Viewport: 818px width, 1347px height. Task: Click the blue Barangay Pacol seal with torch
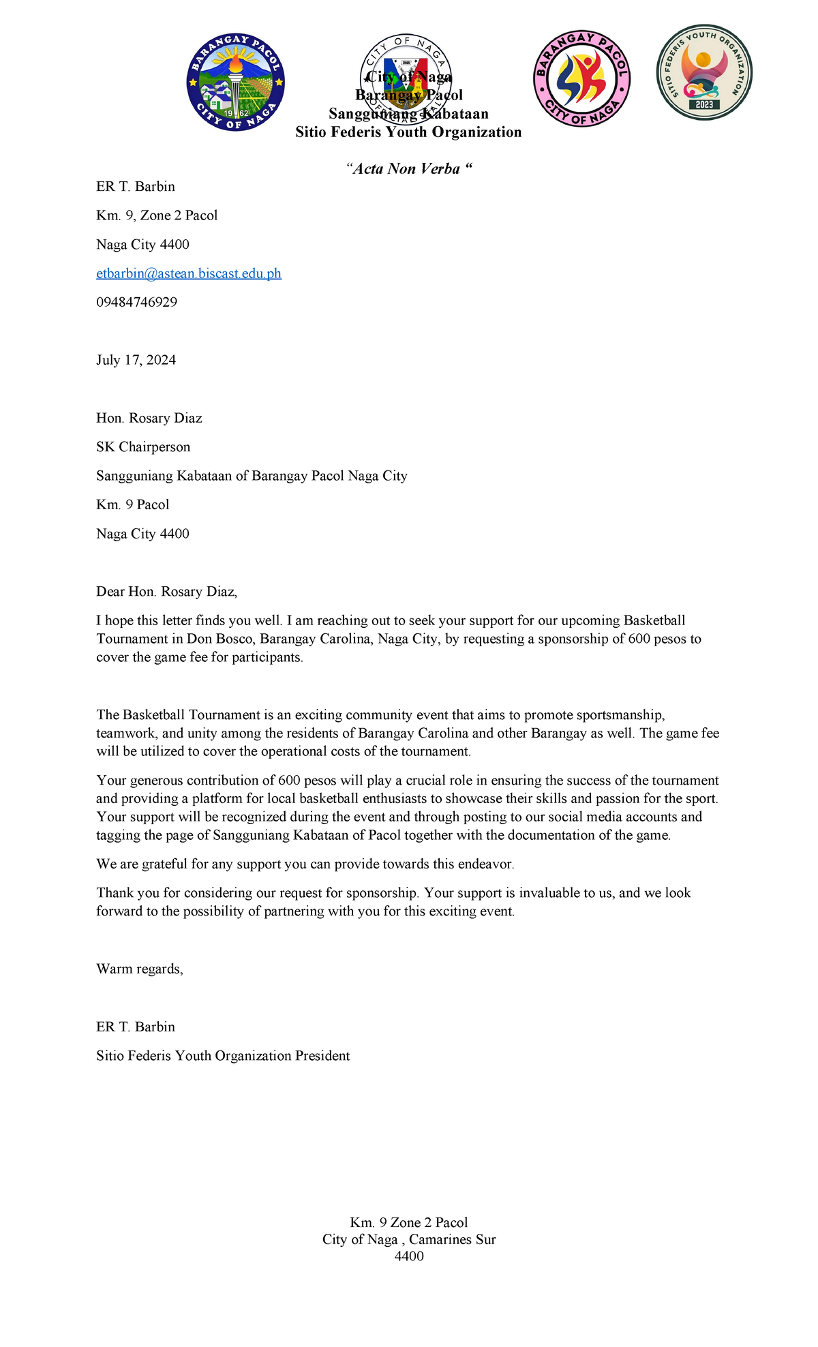coord(236,82)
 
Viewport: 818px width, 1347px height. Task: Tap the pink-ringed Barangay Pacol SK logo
coord(581,78)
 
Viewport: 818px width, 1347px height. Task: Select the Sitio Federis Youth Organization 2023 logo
coord(704,72)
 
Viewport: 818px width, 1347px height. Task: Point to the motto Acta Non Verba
coord(409,169)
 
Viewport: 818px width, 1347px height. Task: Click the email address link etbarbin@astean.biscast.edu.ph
coord(189,273)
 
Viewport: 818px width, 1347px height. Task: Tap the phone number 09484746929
coord(136,302)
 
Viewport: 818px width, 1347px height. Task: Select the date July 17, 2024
coord(136,360)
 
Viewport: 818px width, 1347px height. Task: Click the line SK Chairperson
coord(143,447)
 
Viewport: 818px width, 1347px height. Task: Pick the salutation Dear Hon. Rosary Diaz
coord(166,592)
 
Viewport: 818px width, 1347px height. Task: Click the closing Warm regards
coord(140,969)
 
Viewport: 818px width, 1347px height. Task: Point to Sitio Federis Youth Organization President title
coord(223,1056)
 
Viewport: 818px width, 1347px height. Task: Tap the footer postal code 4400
coord(409,1256)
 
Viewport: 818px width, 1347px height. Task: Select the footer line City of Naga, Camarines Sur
coord(409,1239)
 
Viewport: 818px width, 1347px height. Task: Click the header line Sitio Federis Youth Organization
coord(408,132)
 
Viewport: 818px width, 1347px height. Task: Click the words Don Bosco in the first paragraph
coord(220,639)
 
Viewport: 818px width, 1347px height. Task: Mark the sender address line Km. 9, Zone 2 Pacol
coord(157,215)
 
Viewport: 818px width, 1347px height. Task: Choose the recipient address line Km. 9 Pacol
coord(132,505)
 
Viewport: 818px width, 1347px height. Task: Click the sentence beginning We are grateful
coord(305,864)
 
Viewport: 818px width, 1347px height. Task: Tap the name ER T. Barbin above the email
coord(136,187)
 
